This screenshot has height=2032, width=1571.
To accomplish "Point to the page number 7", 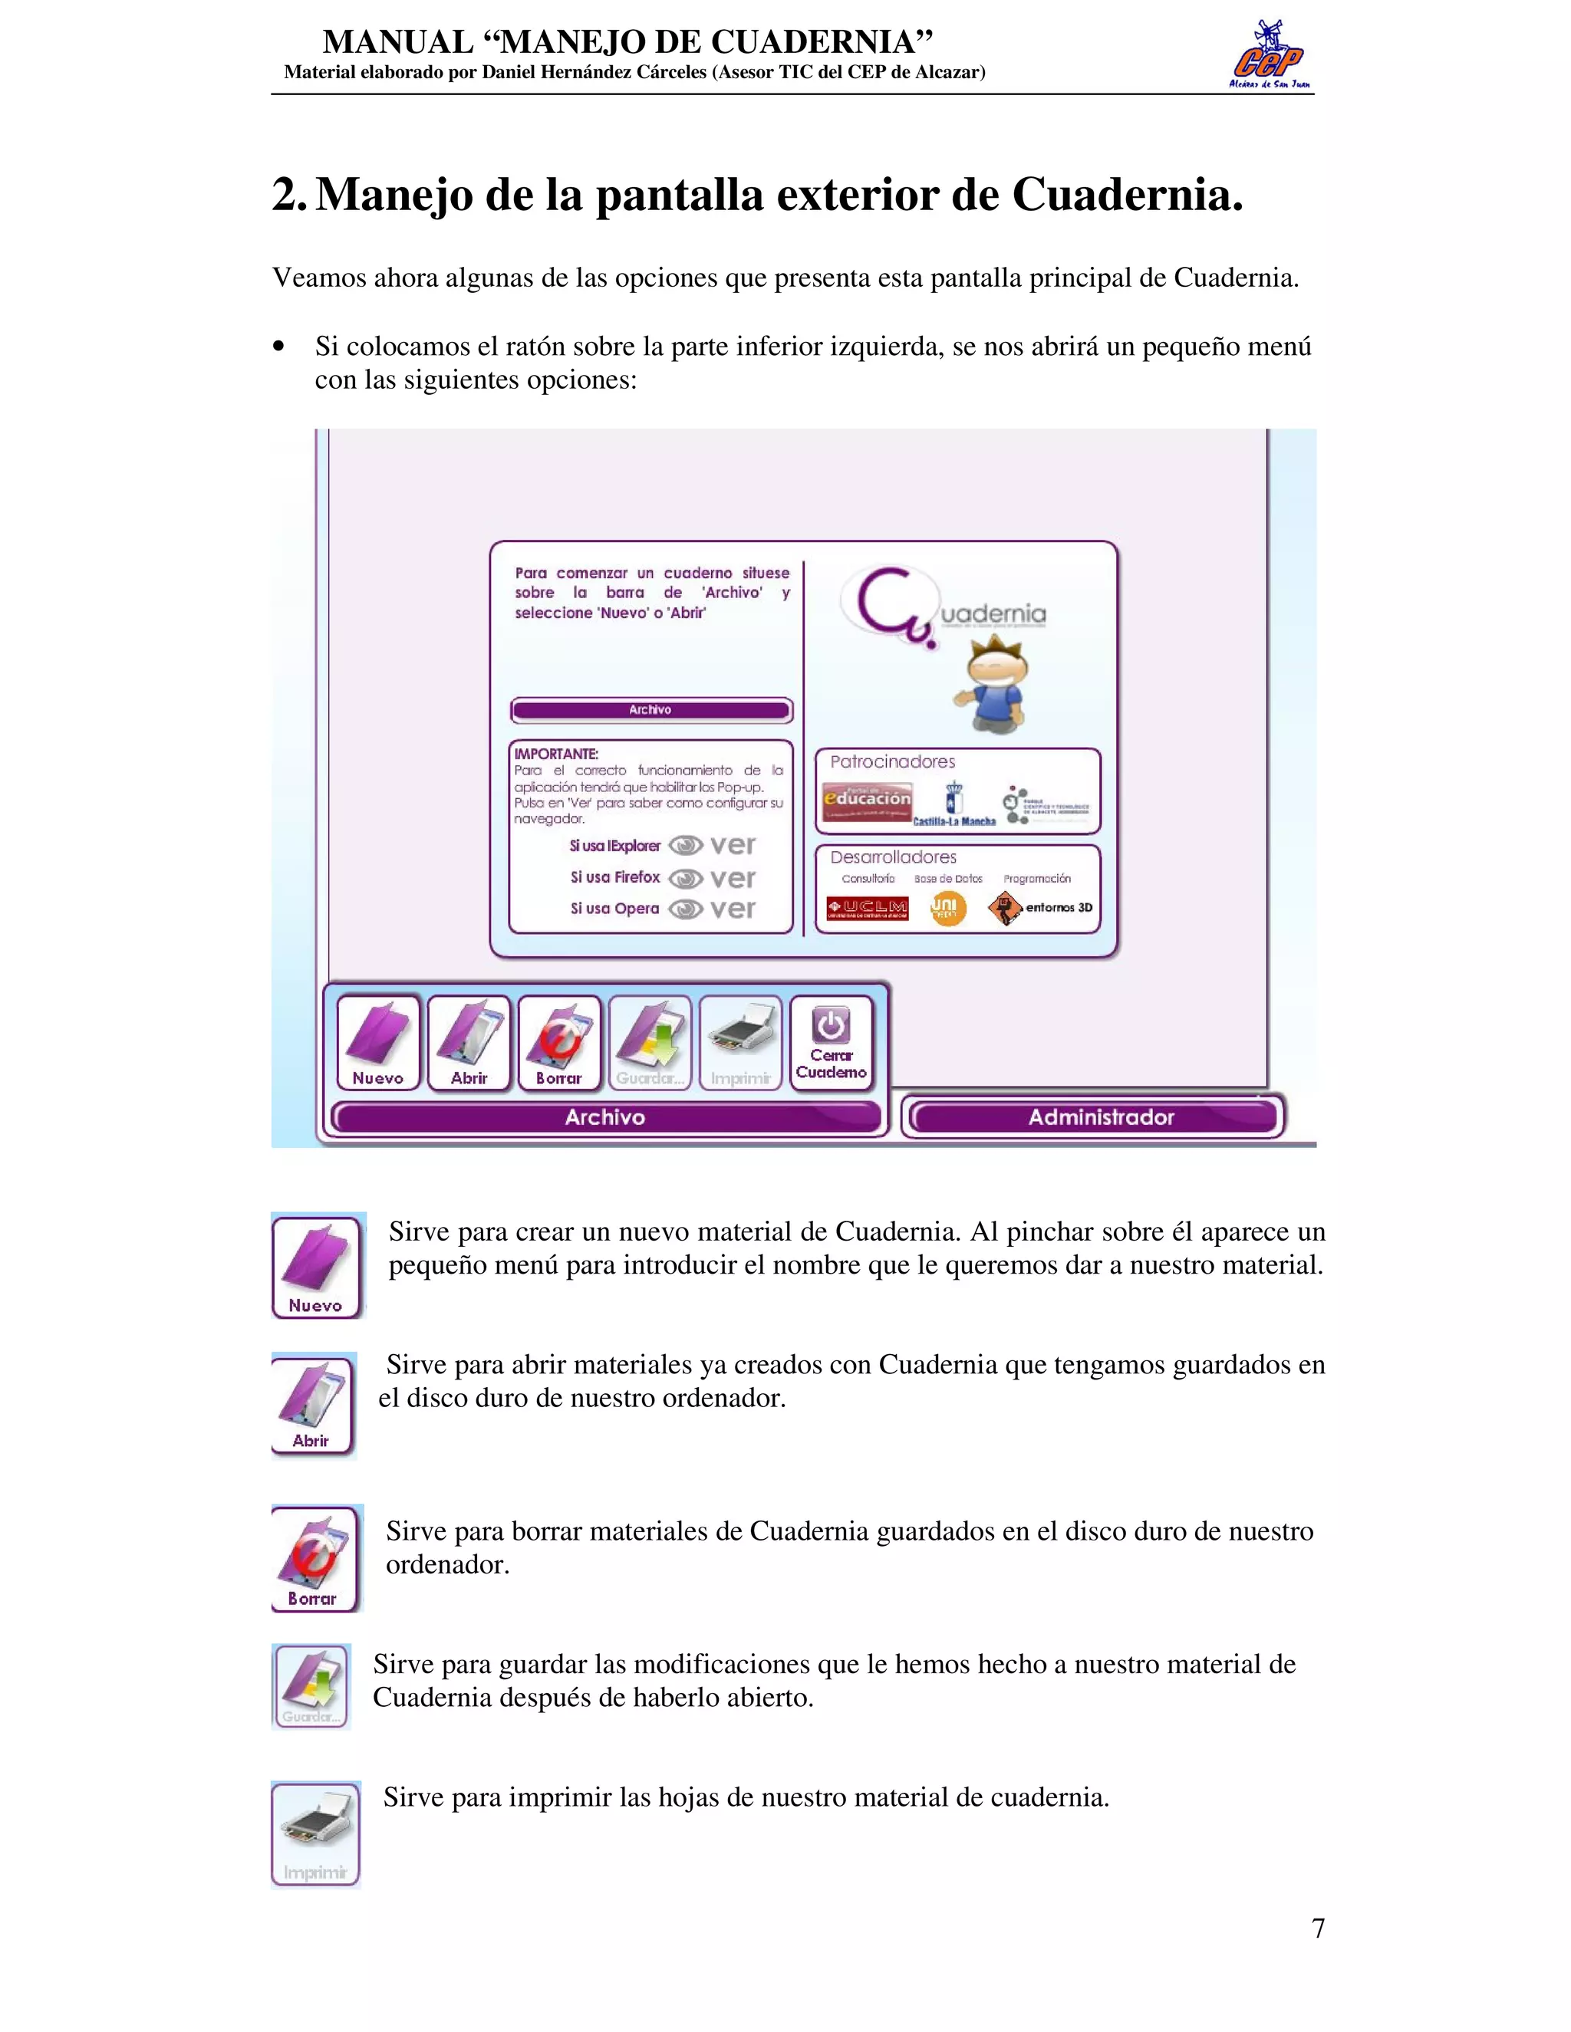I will pos(1318,1928).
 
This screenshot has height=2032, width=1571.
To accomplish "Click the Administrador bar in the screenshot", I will pos(1099,1117).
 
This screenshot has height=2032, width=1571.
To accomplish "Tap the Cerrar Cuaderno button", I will pos(831,1042).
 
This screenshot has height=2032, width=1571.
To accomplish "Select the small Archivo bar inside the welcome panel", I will pos(650,710).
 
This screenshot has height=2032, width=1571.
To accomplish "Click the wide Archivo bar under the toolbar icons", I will pos(605,1117).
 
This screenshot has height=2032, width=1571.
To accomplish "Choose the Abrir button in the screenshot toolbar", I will pos(469,1042).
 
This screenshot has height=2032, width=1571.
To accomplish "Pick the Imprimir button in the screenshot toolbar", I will pos(741,1042).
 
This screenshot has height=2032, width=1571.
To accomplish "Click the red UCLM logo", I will pos(868,908).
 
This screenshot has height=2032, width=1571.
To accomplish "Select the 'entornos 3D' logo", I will pos(1040,908).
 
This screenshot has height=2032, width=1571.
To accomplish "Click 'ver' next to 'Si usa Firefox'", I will pos(732,878).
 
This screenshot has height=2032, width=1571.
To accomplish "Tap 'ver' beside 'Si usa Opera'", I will pos(732,909).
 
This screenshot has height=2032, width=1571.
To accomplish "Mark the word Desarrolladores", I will pos(893,857).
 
